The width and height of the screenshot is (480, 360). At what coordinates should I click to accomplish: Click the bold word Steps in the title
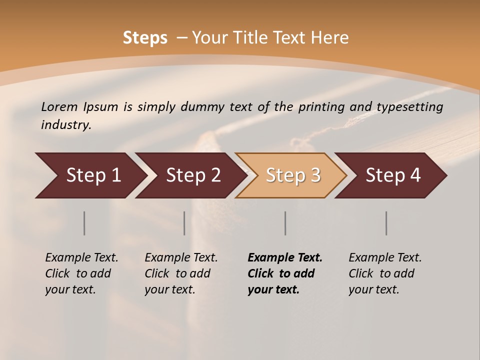point(145,38)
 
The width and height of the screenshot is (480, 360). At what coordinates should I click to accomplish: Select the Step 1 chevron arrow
point(90,175)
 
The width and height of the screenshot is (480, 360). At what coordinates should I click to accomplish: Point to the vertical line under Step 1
point(84,223)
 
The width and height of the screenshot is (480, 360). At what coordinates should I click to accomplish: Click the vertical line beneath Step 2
point(184,223)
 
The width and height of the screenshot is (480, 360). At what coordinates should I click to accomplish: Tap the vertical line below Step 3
point(285,223)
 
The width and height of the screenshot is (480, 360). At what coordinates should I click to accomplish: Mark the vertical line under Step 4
point(386,223)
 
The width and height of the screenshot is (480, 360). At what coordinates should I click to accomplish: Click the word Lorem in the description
point(59,106)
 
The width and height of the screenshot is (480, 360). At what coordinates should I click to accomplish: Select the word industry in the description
point(66,125)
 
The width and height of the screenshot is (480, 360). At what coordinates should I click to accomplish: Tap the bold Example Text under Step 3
point(285,257)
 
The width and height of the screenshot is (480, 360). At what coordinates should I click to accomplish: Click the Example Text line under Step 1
point(81,257)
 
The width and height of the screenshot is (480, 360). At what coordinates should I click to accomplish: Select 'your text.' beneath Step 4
point(373,289)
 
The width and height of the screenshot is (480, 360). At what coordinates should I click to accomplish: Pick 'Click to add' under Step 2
point(177,273)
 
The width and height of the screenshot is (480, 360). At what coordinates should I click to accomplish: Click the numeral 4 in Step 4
point(415,175)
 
